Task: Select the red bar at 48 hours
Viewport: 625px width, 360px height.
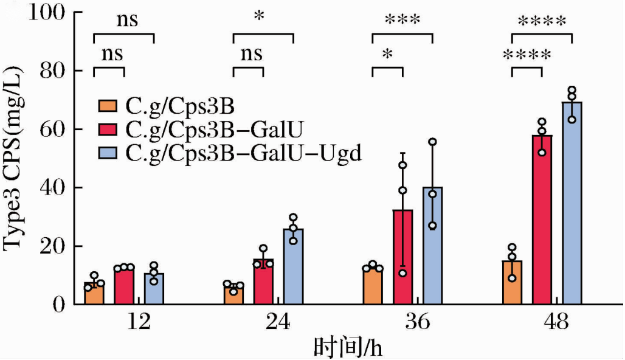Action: tap(542, 220)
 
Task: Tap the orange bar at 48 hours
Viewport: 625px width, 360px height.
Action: tap(512, 283)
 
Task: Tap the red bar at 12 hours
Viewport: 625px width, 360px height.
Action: tap(124, 286)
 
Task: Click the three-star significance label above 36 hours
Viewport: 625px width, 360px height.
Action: tap(402, 19)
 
